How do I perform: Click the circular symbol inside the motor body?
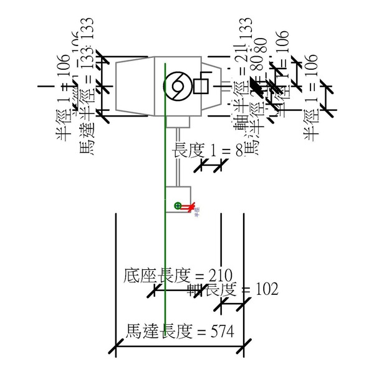coord(175,86)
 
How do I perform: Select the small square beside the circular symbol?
coord(201,85)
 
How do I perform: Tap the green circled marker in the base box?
coord(178,205)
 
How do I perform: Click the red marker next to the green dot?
coord(186,206)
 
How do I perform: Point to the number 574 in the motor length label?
coord(221,331)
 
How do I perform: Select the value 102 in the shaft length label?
coord(266,289)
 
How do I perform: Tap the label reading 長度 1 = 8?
coord(206,150)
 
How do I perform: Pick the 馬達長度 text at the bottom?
coord(150,331)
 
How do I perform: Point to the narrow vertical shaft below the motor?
coord(177,156)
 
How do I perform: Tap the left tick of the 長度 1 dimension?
coord(201,166)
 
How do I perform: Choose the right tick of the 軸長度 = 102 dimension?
coord(244,304)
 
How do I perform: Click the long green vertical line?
coord(165,249)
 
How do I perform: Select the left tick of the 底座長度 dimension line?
coord(155,289)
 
